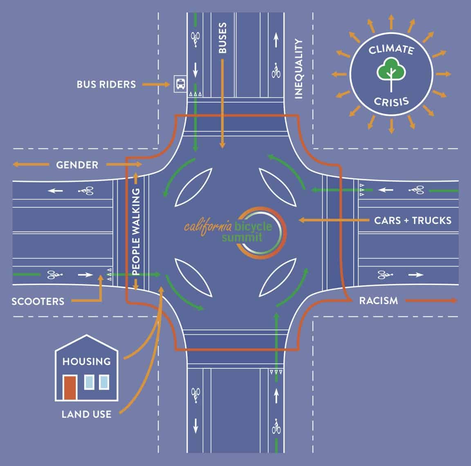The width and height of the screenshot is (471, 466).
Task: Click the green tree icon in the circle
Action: (x=391, y=70)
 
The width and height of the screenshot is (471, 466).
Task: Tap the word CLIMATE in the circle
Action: (x=391, y=50)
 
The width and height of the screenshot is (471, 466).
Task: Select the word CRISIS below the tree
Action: (x=391, y=101)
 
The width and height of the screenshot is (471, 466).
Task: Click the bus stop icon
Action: (x=179, y=84)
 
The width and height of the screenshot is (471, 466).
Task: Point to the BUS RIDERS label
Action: (x=106, y=85)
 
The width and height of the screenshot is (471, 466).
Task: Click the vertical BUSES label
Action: (x=222, y=38)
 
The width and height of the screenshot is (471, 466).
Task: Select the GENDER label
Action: (x=77, y=165)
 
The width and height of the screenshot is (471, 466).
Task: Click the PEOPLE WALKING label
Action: (x=136, y=231)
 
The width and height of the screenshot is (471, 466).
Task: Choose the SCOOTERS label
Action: (x=38, y=302)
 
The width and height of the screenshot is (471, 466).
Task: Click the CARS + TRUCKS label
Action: (x=413, y=220)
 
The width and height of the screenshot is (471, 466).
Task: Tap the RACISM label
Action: (x=378, y=301)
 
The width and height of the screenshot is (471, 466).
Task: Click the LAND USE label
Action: (x=86, y=414)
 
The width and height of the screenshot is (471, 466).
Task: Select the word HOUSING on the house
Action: (x=86, y=361)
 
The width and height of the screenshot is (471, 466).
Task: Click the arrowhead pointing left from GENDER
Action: (x=16, y=165)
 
